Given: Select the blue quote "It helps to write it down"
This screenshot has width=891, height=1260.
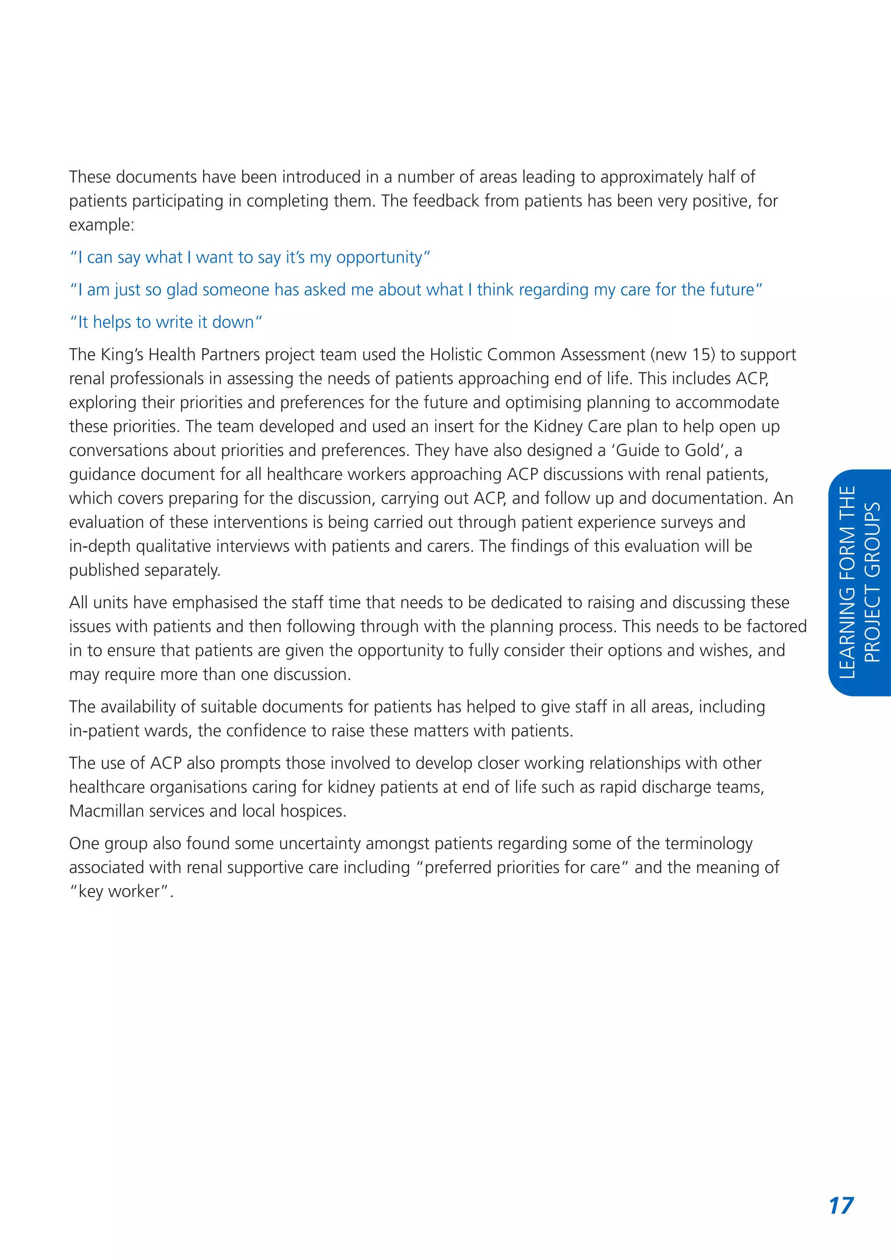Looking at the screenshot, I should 166,322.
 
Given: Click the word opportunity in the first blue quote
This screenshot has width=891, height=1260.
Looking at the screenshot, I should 379,258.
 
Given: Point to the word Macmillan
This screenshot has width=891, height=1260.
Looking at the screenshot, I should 101,811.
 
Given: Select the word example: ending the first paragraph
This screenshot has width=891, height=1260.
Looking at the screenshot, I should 101,225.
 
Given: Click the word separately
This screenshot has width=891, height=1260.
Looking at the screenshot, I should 186,570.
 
